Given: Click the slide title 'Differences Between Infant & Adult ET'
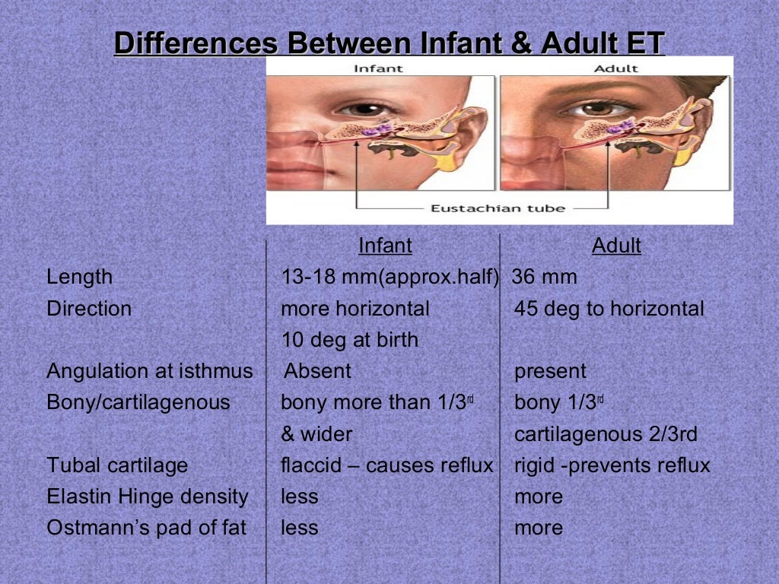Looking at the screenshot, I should pos(389,43).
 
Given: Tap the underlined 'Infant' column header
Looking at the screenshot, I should pos(385,246).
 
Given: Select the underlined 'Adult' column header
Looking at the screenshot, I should pos(616,246).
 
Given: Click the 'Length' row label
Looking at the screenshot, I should pos(79,278).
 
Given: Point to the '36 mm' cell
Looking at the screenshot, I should pos(544,278).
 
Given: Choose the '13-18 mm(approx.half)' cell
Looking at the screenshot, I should pos(389,278).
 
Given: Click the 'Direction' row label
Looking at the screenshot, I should pos(89,309).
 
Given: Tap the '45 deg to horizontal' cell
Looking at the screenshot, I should pos(609,309).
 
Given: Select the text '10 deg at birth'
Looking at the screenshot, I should pos(349,339).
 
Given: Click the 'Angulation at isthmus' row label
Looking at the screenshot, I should pos(149,371).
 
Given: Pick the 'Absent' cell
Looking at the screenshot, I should pos(317,371).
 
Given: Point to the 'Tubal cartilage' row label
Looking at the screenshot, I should pos(117,465).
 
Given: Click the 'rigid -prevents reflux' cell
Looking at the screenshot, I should pos(612,465).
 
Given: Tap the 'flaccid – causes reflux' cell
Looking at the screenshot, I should pos(387,465).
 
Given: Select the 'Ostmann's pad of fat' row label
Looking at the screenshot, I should pos(146,528).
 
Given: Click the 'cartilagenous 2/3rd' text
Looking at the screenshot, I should pos(606,434).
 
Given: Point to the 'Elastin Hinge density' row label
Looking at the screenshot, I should pos(148,497).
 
